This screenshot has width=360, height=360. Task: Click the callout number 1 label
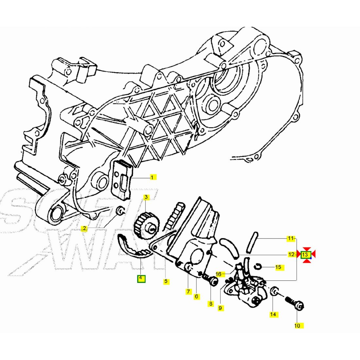coord(152,177)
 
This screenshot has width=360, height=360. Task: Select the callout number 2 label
coord(84,228)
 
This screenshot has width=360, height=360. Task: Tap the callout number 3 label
coord(146,197)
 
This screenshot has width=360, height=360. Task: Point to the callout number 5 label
coord(166,281)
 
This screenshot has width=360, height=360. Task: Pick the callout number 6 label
coord(196,297)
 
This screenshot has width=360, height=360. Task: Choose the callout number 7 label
coord(188,291)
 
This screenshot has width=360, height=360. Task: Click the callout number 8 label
coord(211,304)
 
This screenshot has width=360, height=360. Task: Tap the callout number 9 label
coord(221,308)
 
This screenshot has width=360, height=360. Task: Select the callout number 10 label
coord(297,326)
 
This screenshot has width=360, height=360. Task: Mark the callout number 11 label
coord(290,238)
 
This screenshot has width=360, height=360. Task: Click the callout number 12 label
coord(291,254)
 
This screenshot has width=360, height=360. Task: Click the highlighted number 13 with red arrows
coord(306,254)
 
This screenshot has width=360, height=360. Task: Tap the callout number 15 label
coord(278,267)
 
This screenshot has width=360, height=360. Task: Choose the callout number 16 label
coord(219,274)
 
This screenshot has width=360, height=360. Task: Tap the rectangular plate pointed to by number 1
coord(122,180)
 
